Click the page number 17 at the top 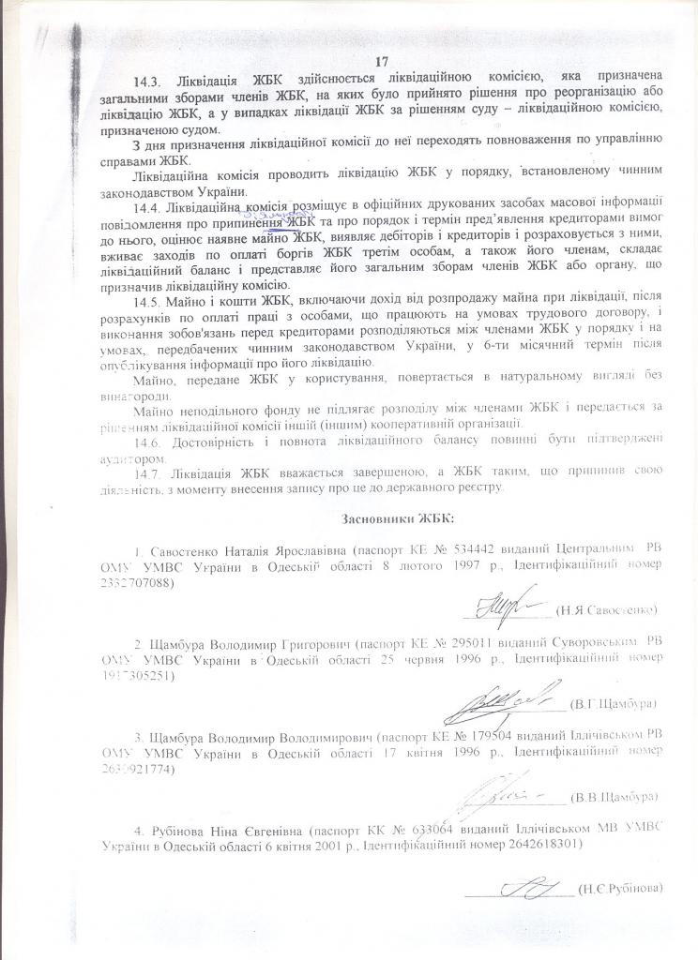pyautogui.click(x=381, y=61)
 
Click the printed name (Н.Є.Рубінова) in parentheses pyautogui.click(x=622, y=887)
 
